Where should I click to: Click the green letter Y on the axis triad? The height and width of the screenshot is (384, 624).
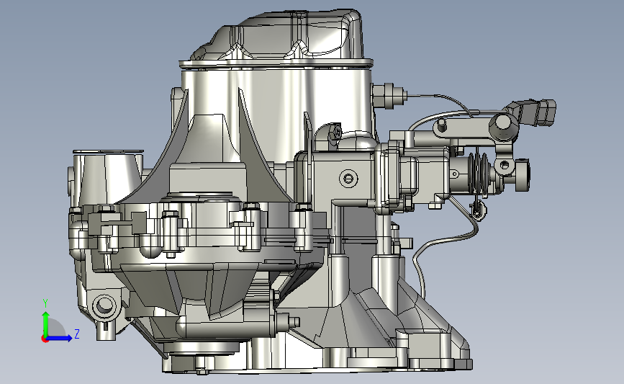(x=45, y=303)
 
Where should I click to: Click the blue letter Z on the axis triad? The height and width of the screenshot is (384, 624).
(x=77, y=334)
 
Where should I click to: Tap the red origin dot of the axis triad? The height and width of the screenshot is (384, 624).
(x=45, y=339)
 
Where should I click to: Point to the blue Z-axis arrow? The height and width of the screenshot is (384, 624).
(x=59, y=338)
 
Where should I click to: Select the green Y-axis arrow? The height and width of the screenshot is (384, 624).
(x=46, y=324)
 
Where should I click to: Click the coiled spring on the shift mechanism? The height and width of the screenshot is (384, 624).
(x=478, y=172)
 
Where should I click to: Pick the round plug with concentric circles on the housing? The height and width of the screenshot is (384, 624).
(x=348, y=178)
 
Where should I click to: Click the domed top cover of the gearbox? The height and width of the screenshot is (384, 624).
(x=284, y=36)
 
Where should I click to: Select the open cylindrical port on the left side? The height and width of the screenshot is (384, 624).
(x=107, y=175)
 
